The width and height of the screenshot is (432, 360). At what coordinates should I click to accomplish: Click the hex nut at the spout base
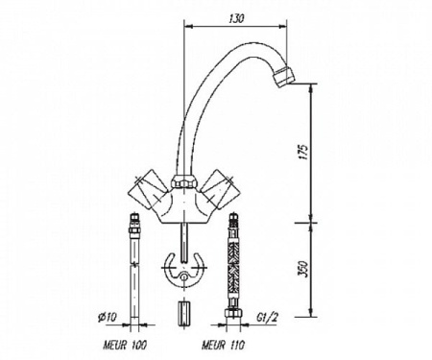(x=182, y=181)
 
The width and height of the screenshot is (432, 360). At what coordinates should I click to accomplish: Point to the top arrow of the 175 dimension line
(x=312, y=89)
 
